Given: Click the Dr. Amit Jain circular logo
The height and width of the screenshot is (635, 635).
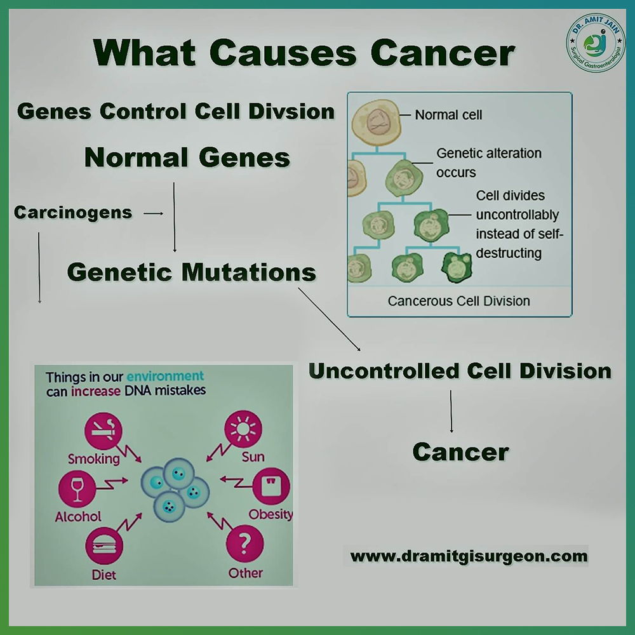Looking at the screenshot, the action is coord(596,43).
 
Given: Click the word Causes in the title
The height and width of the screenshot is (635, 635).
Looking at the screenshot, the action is coord(283,53).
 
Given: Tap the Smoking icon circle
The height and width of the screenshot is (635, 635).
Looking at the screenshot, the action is coord(104,431).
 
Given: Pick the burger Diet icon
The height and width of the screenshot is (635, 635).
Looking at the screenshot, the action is coord(104,545).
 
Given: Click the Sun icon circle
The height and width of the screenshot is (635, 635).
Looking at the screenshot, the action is coord(243,429).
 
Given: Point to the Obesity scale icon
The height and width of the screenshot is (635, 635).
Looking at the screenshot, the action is coord(271,486).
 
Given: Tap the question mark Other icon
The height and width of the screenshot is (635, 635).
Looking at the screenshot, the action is coord(244,544).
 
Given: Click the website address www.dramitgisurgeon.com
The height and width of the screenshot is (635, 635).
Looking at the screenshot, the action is coord(469,556).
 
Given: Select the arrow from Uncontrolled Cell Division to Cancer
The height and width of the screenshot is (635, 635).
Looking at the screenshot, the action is coord(451,411).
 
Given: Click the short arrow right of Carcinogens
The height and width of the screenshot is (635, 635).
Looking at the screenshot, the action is coord(154,213).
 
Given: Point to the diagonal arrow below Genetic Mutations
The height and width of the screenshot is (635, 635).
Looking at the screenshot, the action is coord(329,319).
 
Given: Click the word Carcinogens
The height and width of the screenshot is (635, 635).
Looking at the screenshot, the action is coord(73,213).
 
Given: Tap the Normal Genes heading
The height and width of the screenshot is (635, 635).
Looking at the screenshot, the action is coord(187,157).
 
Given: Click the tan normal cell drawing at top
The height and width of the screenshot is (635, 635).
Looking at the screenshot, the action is coord(377,123).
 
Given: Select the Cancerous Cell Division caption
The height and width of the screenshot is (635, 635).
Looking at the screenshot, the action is coord(459,301).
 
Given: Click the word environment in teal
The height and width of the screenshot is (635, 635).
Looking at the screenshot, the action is coord(165,376).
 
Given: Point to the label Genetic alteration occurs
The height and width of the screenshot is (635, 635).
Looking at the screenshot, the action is coord(489,163).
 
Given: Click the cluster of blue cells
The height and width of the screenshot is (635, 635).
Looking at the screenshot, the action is coord(175,489).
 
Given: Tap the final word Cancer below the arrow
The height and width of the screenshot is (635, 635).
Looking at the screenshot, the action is coord(461,452).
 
